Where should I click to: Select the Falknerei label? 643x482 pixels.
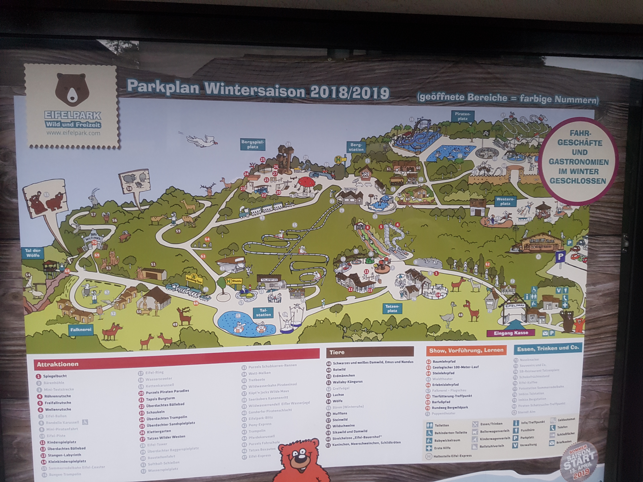tap(81, 329)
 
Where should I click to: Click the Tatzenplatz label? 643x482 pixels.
tap(392, 308)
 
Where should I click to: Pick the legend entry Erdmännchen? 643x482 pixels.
tap(344, 375)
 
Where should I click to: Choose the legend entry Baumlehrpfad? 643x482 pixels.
tap(444, 362)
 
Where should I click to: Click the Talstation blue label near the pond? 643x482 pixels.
tap(263, 313)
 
